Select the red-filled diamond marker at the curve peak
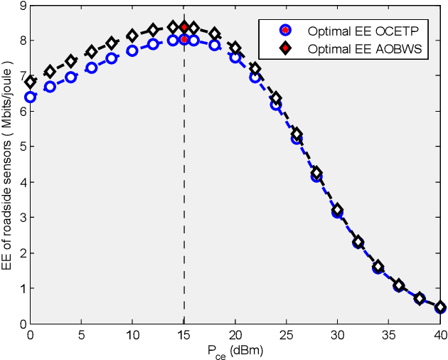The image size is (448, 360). (184, 27)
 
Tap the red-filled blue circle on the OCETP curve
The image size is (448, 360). (184, 40)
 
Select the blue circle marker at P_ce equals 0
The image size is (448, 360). (30, 97)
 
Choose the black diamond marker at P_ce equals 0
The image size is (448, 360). (30, 83)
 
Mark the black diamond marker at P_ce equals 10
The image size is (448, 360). (132, 36)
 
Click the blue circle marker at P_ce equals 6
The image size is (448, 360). (91, 68)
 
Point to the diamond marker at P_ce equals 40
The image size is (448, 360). (440, 307)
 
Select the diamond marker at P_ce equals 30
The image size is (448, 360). (338, 211)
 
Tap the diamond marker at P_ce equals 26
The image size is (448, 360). (297, 134)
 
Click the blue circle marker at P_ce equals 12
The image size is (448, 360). (153, 44)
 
